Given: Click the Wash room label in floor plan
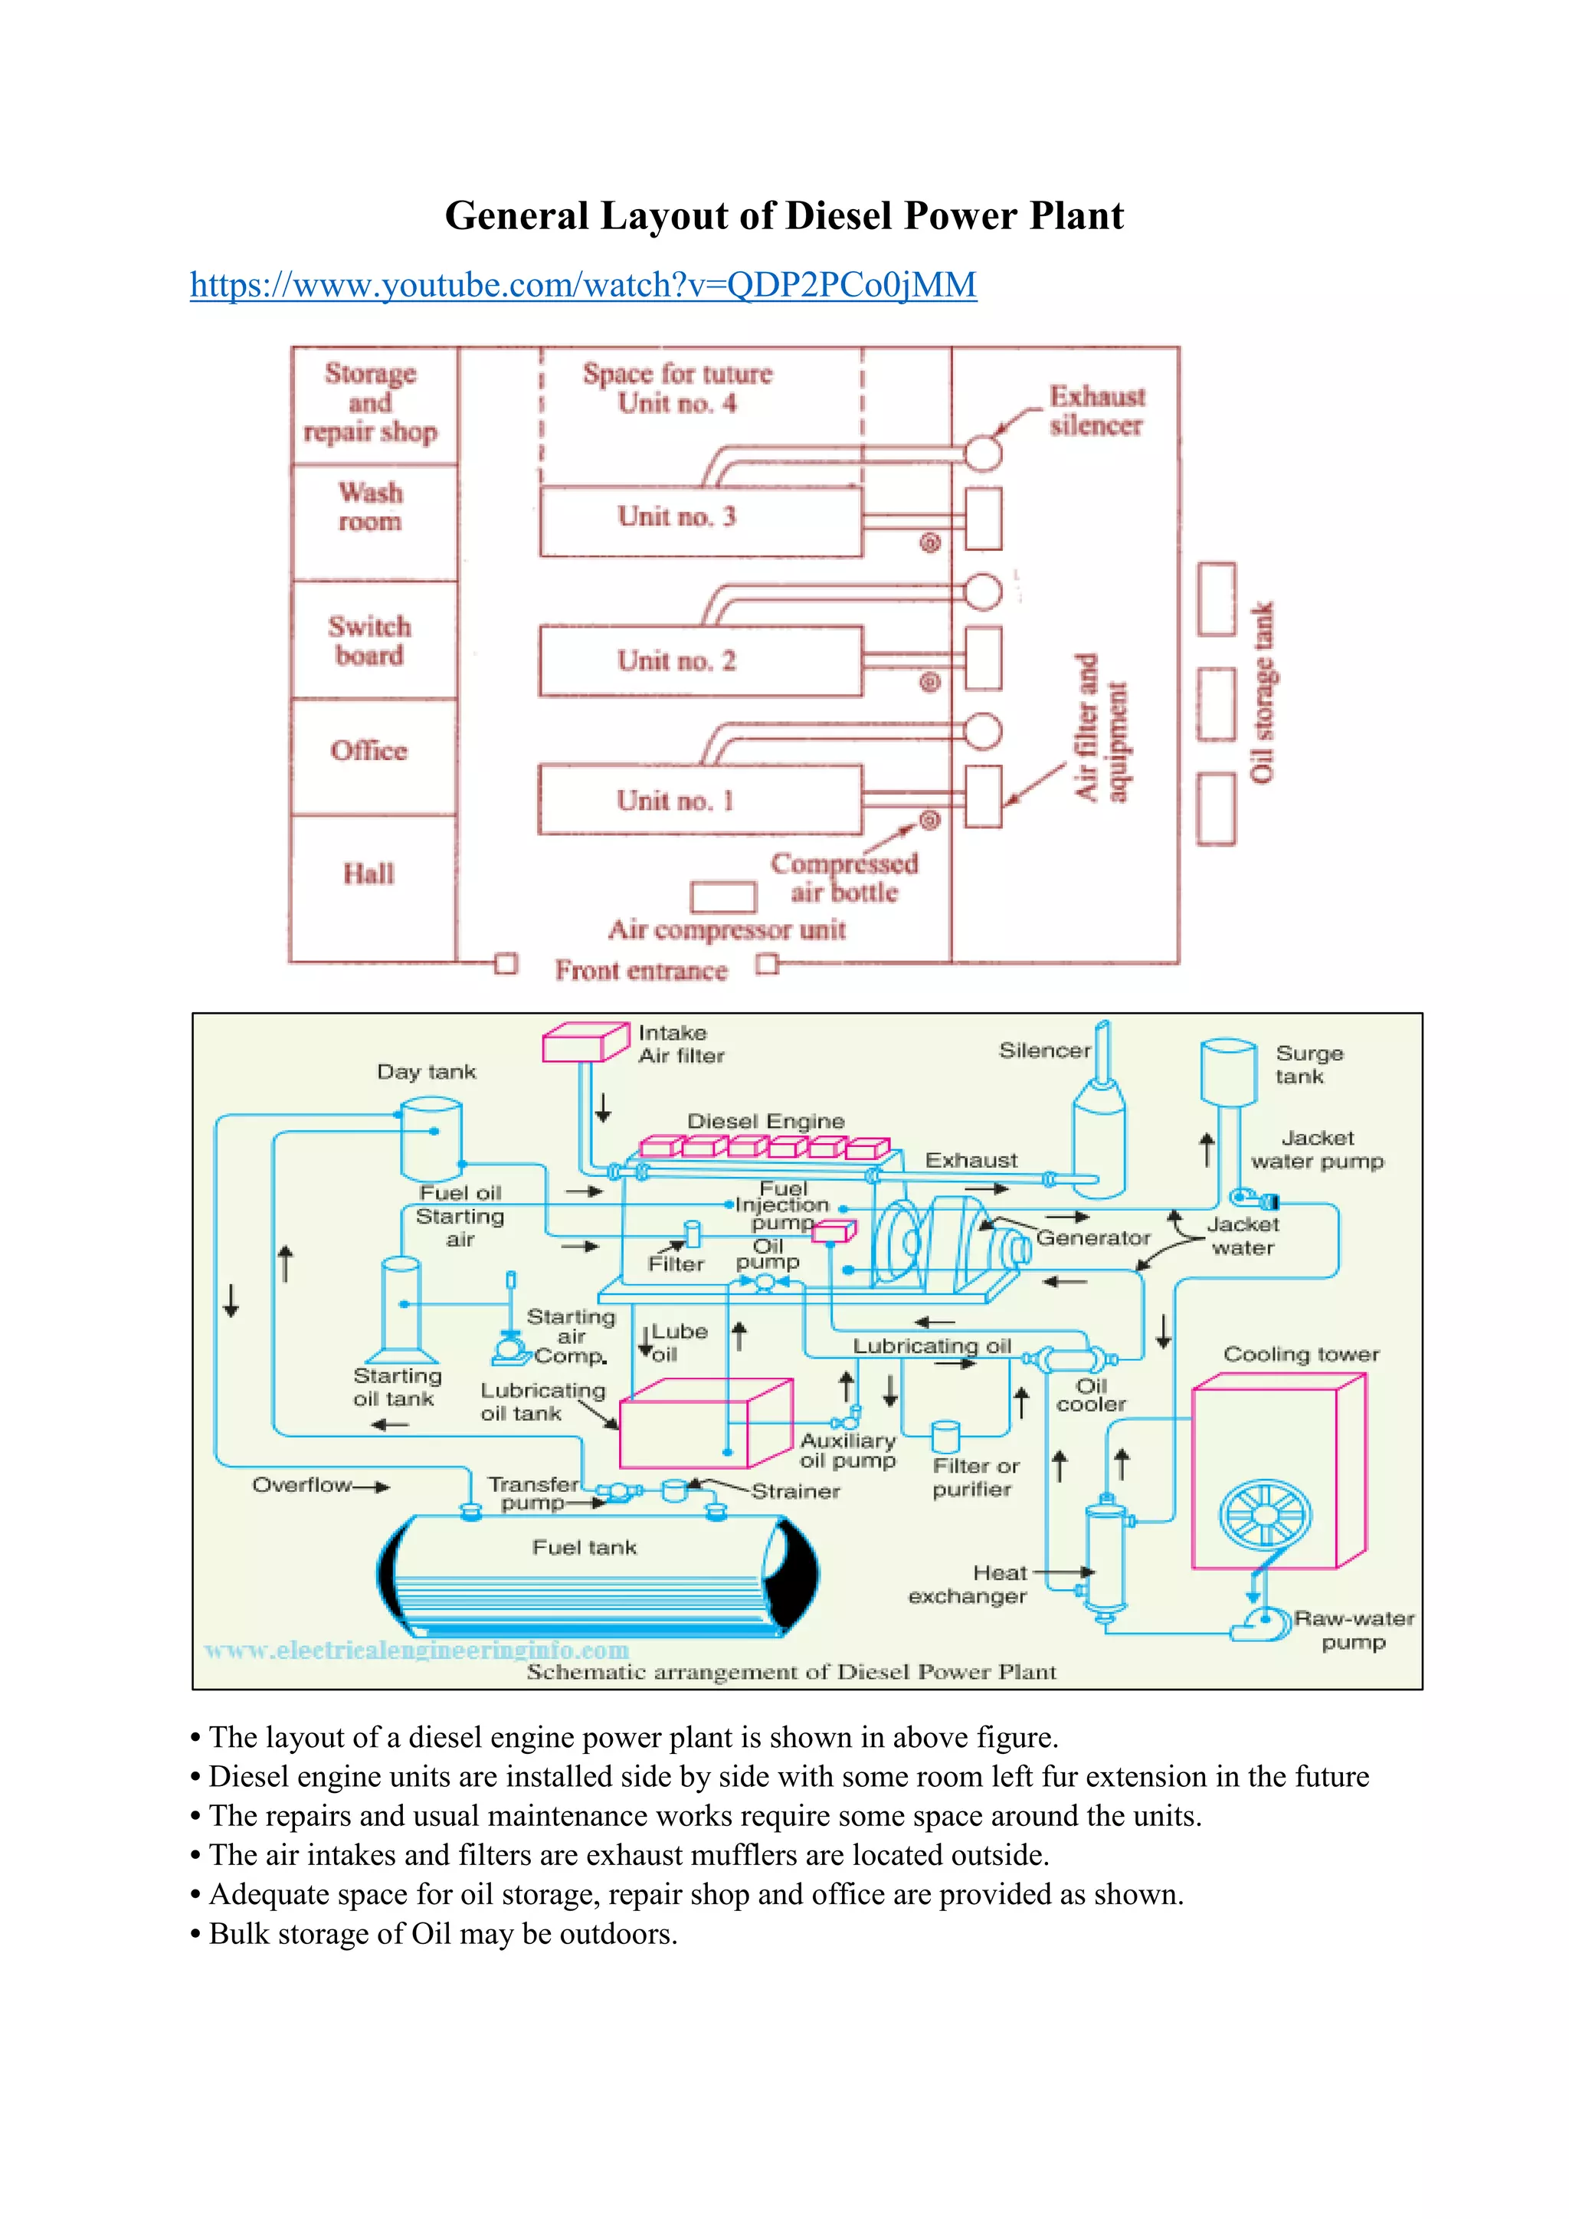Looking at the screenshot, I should [370, 506].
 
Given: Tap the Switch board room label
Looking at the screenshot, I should [369, 641].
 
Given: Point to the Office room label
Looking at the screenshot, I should [369, 751].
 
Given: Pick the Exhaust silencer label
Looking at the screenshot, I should [1096, 411].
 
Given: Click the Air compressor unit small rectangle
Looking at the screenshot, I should [722, 897].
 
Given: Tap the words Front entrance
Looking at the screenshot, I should [640, 970].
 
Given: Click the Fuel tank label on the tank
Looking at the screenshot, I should [584, 1547].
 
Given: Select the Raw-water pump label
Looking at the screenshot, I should [1354, 1630].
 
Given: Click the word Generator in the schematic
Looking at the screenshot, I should [1092, 1238].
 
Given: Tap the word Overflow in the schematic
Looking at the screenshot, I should [301, 1484].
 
